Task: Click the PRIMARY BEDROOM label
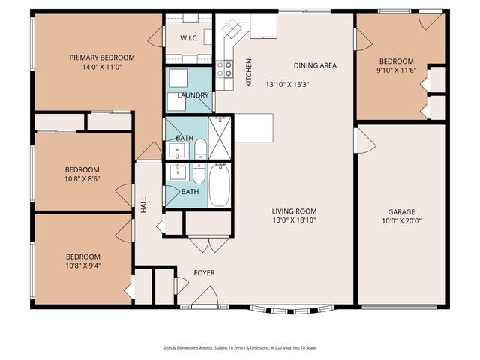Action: (x=102, y=58)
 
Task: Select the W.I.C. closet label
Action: (x=189, y=37)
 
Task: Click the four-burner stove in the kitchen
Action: (x=224, y=69)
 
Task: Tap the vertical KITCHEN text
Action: (x=248, y=72)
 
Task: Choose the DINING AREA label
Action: (x=315, y=65)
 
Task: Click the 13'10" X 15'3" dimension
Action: (x=288, y=85)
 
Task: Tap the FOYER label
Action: (x=205, y=273)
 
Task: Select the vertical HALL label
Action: (x=143, y=205)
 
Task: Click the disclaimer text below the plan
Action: (x=239, y=348)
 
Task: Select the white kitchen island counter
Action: (x=253, y=128)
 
